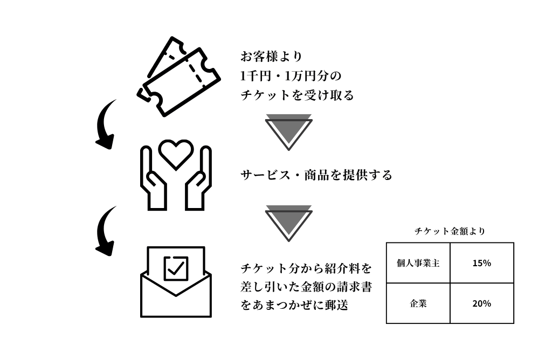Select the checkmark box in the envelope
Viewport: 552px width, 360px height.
(x=176, y=268)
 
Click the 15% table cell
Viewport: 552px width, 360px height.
(x=481, y=263)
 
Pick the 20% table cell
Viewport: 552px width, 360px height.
(x=481, y=303)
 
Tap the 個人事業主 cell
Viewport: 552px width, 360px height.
(x=418, y=263)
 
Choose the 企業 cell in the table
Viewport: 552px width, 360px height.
(x=418, y=303)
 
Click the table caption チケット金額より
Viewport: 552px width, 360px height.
(x=450, y=231)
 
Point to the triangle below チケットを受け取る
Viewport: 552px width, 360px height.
(x=289, y=131)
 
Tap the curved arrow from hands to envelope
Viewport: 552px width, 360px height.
(x=106, y=231)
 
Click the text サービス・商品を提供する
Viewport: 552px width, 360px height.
(x=316, y=175)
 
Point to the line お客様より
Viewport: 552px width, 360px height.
(x=271, y=56)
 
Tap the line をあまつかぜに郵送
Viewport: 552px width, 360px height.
(x=294, y=304)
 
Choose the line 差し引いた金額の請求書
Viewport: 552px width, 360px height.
(x=306, y=286)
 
